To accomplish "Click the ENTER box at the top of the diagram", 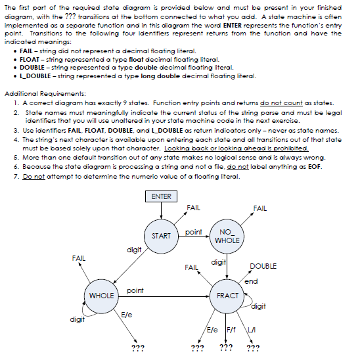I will (x=161, y=196).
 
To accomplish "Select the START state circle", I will (x=161, y=235).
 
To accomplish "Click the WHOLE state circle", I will (x=101, y=296).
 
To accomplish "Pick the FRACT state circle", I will (x=227, y=296).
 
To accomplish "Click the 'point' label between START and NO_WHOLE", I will (x=193, y=231).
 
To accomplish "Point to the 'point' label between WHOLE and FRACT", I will (x=135, y=290).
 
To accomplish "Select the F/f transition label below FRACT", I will (x=231, y=328).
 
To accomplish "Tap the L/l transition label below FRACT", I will (x=250, y=328).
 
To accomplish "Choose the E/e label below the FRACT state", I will (x=213, y=328).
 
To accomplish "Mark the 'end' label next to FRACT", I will (x=250, y=281).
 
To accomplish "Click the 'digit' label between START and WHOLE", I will (x=134, y=250).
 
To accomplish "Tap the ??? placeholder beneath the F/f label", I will (x=225, y=347).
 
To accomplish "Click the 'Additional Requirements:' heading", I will (x=43, y=94).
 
